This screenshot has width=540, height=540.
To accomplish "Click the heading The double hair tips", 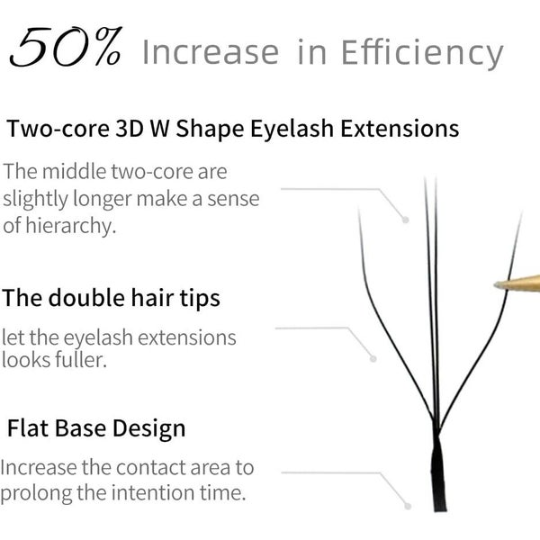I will pyautogui.click(x=111, y=297).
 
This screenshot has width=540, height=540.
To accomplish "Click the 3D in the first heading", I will pyautogui.click(x=138, y=129).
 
